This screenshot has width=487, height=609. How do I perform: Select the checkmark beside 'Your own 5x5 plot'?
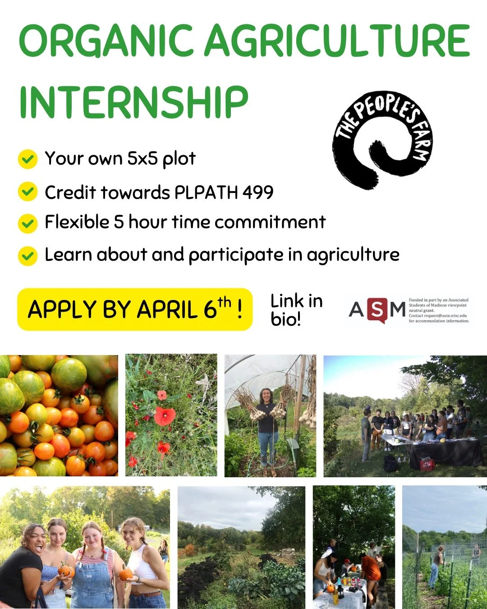[x=28, y=159]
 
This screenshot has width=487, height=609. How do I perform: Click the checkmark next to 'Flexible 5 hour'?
[x=28, y=223]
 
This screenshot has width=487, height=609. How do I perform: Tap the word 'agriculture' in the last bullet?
[x=353, y=255]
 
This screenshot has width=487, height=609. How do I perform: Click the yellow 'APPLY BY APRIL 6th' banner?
[x=134, y=309]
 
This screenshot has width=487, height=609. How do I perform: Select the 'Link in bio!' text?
[x=296, y=309]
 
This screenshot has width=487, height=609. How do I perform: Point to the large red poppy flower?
[x=165, y=415]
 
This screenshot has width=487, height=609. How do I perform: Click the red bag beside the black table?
[x=427, y=464]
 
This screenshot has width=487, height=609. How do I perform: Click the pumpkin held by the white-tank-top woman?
[x=125, y=574]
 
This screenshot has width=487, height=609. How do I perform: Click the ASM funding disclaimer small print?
[x=439, y=310]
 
